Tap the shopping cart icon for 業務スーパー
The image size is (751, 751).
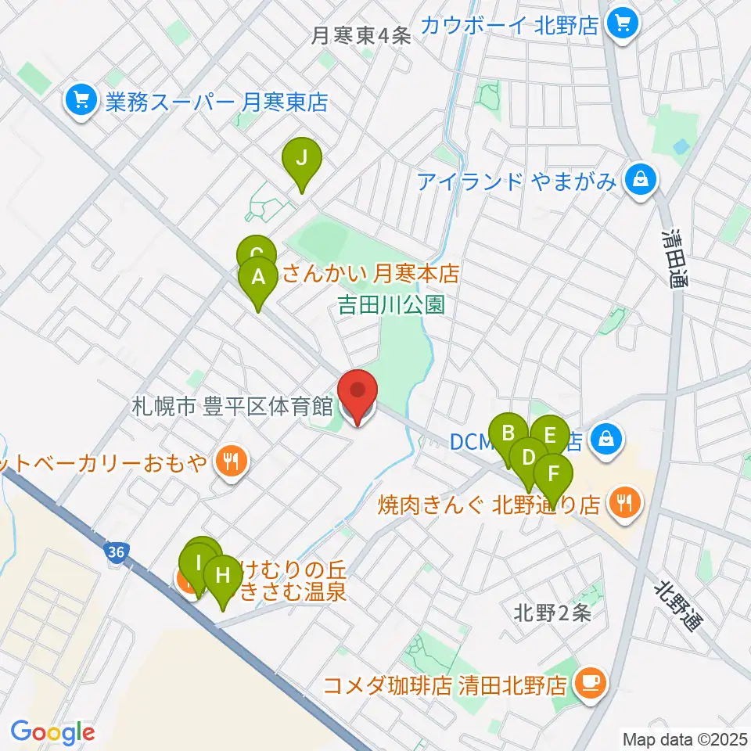coord(81,100)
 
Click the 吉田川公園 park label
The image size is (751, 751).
coord(391,304)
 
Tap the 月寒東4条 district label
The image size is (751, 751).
coord(361,36)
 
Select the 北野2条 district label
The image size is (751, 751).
coord(552,613)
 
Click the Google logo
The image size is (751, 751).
coord(52,732)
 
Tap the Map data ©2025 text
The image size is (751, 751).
coord(684,738)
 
